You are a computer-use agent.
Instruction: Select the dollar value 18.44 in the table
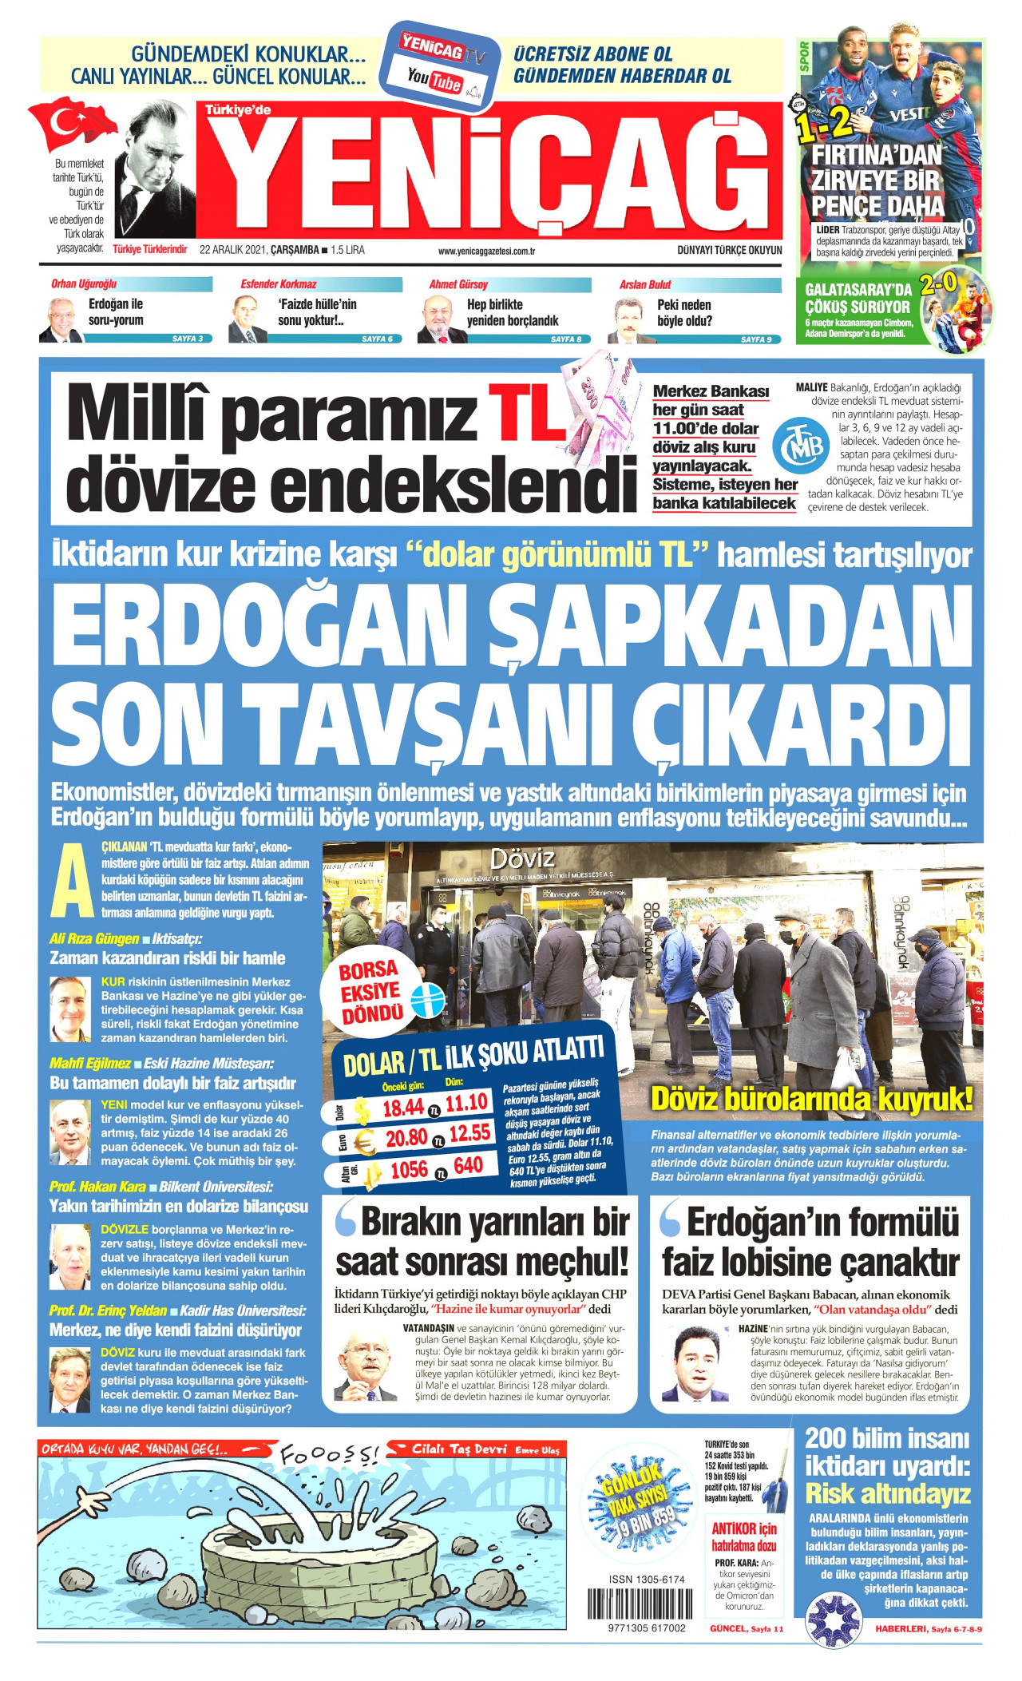[x=402, y=1108]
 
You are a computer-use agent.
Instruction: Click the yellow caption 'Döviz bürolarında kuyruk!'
[x=811, y=1100]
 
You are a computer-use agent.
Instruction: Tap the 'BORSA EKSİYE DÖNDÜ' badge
[x=370, y=993]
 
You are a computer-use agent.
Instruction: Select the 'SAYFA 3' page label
[x=188, y=339]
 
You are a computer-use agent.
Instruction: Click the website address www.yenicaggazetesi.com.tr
[x=485, y=251]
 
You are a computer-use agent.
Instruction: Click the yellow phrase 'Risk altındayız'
[x=887, y=1493]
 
